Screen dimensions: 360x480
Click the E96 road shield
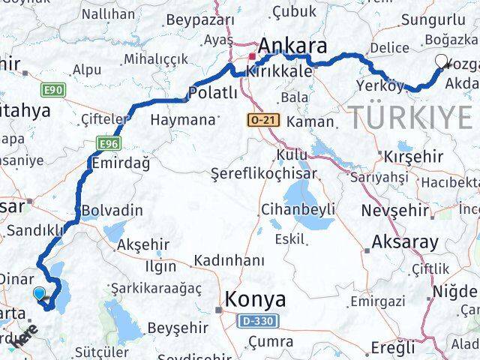109,141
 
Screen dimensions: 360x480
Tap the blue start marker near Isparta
39,294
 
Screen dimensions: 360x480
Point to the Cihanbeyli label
298,208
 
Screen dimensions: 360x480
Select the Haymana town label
182,118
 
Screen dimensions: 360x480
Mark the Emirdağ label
119,162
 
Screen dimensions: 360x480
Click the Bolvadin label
112,210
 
